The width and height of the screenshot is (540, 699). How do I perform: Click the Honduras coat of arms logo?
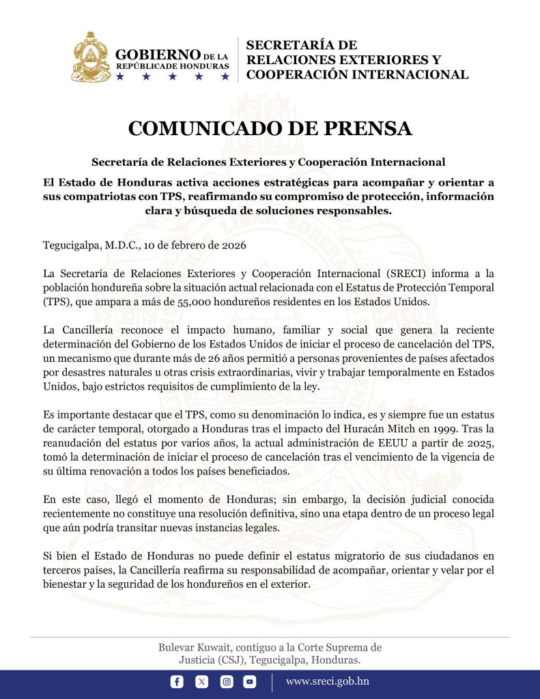(90, 57)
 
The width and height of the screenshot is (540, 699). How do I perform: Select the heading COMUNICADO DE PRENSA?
(270, 128)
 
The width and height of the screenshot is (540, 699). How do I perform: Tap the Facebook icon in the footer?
(177, 681)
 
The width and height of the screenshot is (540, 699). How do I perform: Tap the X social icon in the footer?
(201, 681)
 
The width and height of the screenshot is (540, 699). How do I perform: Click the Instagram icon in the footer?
(226, 681)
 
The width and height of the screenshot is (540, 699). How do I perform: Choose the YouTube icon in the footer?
(250, 681)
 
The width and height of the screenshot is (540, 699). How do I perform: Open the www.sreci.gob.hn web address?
(328, 681)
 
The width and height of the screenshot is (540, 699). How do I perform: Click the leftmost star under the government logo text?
(120, 76)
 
